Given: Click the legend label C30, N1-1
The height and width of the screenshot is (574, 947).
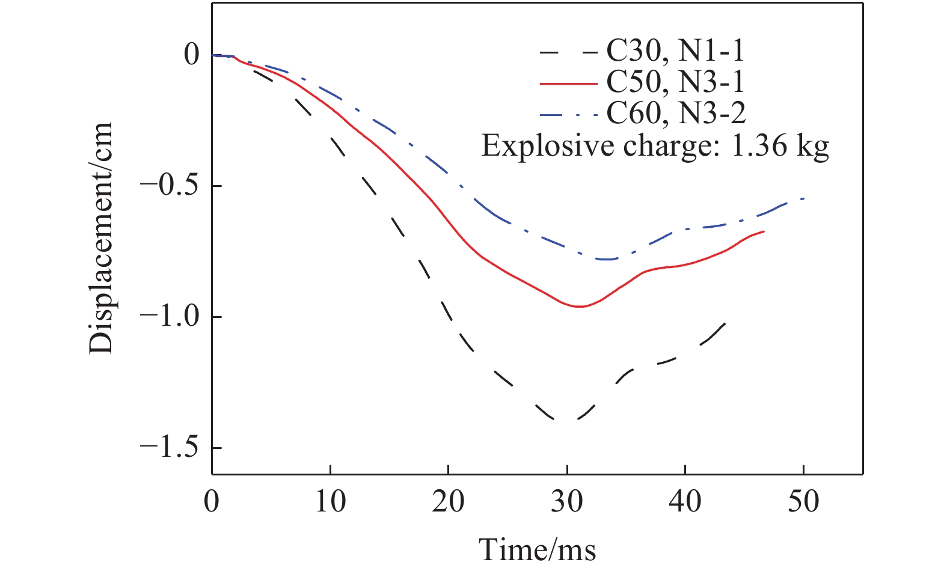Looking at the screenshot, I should coord(675,52).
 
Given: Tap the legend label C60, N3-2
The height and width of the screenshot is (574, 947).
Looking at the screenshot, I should coord(676,113).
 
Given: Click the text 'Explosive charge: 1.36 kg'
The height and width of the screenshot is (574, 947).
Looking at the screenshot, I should coord(655,145).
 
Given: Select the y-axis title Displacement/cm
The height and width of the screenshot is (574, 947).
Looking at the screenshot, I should coord(101,239).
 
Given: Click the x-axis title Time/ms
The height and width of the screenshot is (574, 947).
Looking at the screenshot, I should coord(537,549).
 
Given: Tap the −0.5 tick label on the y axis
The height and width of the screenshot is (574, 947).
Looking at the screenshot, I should coord(164,186).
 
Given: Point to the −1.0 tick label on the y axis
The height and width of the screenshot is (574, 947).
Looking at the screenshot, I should coord(164,317).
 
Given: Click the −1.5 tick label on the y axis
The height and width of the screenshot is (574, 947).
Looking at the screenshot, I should coord(164,448).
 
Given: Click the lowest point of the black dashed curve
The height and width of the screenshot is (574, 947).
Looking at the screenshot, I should coord(565,420).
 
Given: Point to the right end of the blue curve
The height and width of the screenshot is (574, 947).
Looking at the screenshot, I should coord(803,198).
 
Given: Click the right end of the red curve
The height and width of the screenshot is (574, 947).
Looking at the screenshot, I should coord(764,231).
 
